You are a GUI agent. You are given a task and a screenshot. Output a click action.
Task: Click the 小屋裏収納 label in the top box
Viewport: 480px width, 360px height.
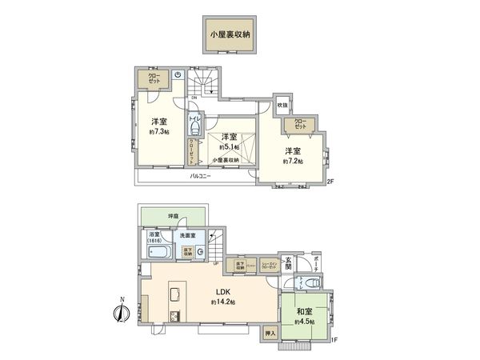(230, 35)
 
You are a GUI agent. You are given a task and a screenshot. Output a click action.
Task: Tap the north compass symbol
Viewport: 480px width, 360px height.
(121, 311)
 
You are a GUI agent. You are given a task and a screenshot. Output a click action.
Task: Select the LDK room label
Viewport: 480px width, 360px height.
(222, 292)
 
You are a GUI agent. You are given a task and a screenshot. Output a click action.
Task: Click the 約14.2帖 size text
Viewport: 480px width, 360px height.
(222, 302)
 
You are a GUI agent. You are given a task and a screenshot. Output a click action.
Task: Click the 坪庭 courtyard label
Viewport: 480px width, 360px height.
(173, 216)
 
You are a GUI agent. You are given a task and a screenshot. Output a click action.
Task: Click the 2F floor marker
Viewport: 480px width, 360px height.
(330, 183)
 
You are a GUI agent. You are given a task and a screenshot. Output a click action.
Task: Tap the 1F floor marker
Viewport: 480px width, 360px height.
(330, 341)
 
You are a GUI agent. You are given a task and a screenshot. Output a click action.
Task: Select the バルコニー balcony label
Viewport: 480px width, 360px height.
(200, 176)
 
